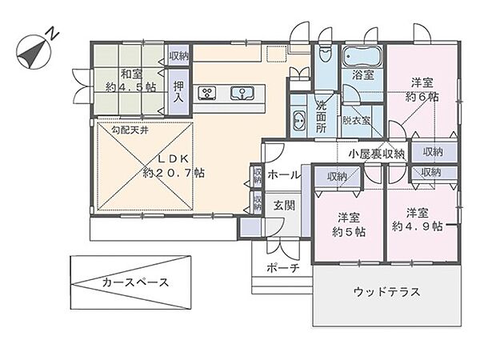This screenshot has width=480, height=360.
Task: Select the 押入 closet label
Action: point(178,91)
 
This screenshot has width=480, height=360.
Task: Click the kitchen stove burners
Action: point(206,92)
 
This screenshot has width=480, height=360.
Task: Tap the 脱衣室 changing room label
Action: point(355,121)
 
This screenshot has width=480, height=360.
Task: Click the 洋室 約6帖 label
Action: point(422,90)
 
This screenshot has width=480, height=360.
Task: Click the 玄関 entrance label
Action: point(284,206)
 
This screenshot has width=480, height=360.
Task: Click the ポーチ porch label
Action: point(283,269)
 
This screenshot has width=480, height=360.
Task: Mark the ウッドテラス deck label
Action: point(386,292)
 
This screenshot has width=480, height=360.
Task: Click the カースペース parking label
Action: point(134,283)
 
